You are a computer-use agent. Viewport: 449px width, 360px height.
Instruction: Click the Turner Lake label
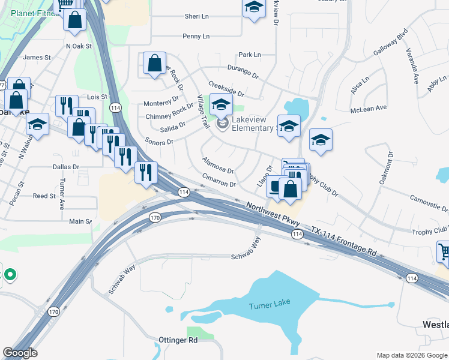(x=269, y=306)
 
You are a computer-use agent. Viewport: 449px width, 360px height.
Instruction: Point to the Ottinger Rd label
(x=178, y=340)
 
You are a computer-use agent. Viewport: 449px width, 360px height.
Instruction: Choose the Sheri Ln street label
(x=196, y=17)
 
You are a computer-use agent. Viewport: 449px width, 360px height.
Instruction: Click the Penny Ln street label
(x=196, y=37)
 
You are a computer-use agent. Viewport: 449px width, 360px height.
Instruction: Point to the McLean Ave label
(x=369, y=109)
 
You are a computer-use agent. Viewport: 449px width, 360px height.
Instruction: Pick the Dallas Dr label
(x=65, y=167)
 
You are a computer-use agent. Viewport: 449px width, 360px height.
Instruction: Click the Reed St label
(x=44, y=196)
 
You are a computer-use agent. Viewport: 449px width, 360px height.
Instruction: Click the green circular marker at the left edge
(x=10, y=275)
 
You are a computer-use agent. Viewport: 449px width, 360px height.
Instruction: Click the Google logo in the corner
(x=20, y=353)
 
